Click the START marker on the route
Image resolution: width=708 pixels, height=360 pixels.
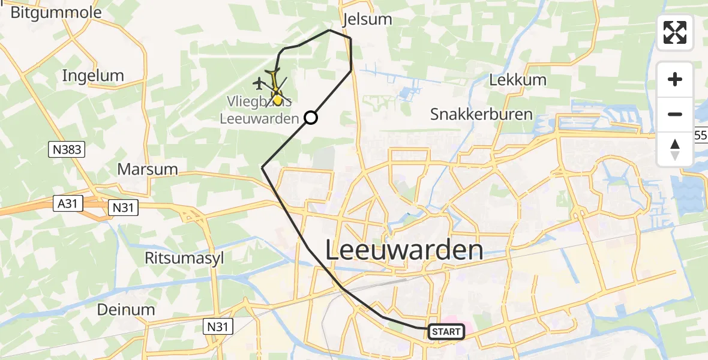[446, 332]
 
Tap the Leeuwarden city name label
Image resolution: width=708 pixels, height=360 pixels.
[404, 250]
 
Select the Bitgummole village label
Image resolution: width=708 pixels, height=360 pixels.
[56, 12]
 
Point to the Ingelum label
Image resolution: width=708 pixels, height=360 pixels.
[93, 76]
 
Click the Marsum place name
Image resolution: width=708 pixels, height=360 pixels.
[148, 169]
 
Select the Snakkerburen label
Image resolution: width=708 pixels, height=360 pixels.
[481, 115]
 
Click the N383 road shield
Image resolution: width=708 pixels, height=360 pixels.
[66, 149]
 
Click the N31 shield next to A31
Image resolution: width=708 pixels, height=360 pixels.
[123, 208]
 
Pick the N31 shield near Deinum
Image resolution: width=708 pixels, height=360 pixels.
[218, 326]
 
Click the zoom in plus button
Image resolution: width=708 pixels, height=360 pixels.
[675, 79]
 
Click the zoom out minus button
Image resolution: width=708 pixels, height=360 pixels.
[675, 114]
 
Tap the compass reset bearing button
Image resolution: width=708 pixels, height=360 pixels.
[675, 149]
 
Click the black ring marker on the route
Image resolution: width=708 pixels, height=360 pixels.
[310, 118]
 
